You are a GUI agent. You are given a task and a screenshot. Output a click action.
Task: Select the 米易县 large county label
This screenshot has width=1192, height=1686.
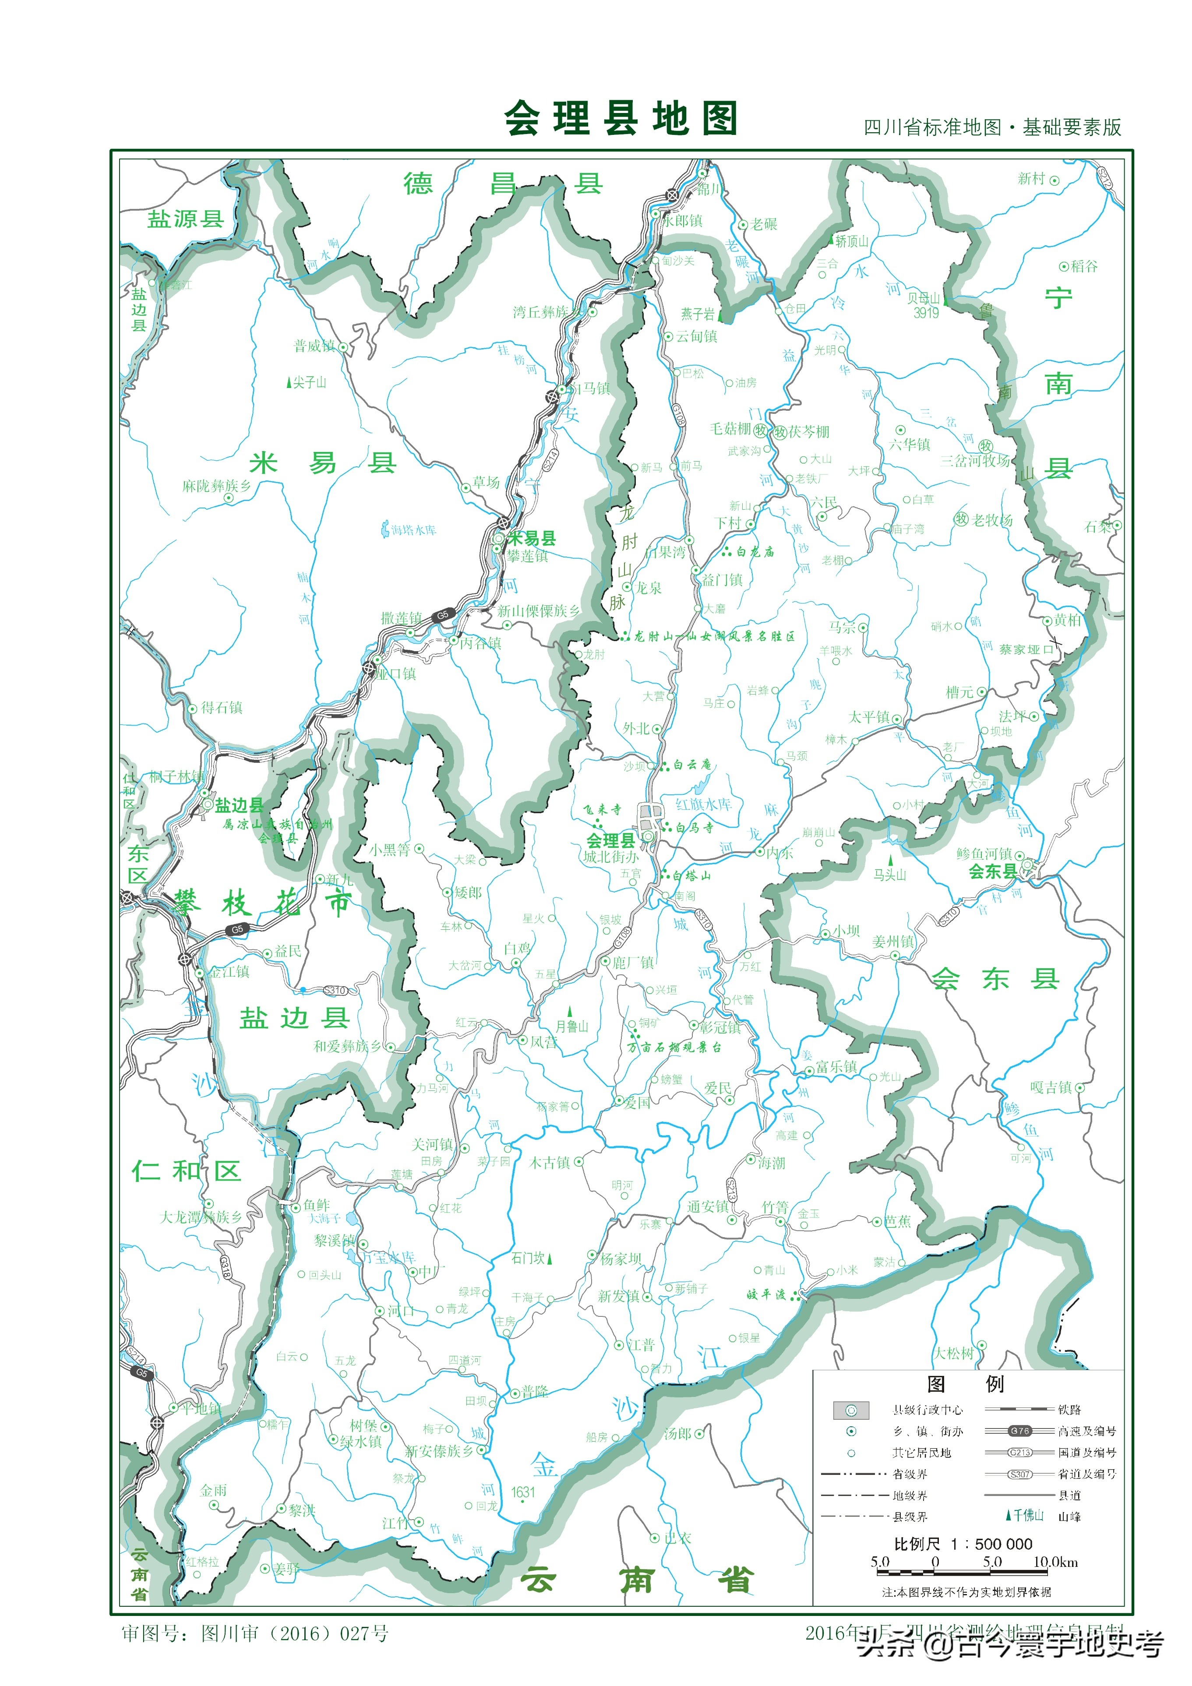point(323,463)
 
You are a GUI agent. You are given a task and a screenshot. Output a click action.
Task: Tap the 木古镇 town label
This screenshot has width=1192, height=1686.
point(550,1162)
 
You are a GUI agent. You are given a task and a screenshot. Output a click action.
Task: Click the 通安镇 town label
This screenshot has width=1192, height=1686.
point(707,1206)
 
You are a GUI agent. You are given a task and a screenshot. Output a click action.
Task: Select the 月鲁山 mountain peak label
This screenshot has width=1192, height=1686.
point(571,1026)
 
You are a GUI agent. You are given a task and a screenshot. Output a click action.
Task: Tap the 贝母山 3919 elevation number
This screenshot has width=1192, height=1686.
point(926,313)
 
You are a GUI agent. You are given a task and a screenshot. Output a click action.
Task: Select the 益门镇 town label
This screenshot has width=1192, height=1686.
point(722,580)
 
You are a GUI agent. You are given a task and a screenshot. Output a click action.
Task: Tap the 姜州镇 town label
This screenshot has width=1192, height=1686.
point(892,942)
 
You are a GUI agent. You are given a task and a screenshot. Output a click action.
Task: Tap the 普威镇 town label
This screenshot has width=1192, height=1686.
point(314,346)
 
